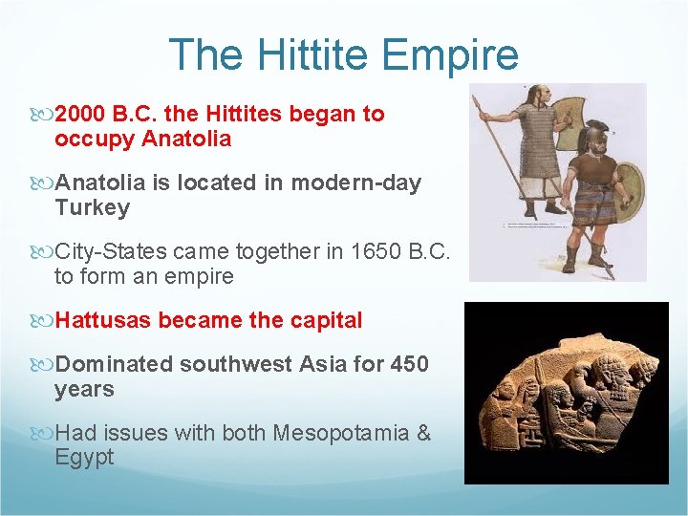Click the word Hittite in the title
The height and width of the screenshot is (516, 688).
(296, 54)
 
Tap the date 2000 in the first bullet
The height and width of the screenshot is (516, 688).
(81, 115)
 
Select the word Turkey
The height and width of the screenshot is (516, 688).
(92, 207)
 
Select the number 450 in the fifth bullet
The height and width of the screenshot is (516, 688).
(410, 365)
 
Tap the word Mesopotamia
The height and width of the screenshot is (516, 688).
(341, 434)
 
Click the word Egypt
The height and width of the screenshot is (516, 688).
(84, 458)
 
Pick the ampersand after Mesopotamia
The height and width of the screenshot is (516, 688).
(423, 434)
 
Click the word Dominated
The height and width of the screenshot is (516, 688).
(115, 365)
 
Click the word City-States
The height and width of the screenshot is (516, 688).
(111, 252)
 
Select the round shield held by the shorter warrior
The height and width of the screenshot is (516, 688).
(628, 191)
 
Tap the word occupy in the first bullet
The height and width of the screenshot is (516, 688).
(95, 140)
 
